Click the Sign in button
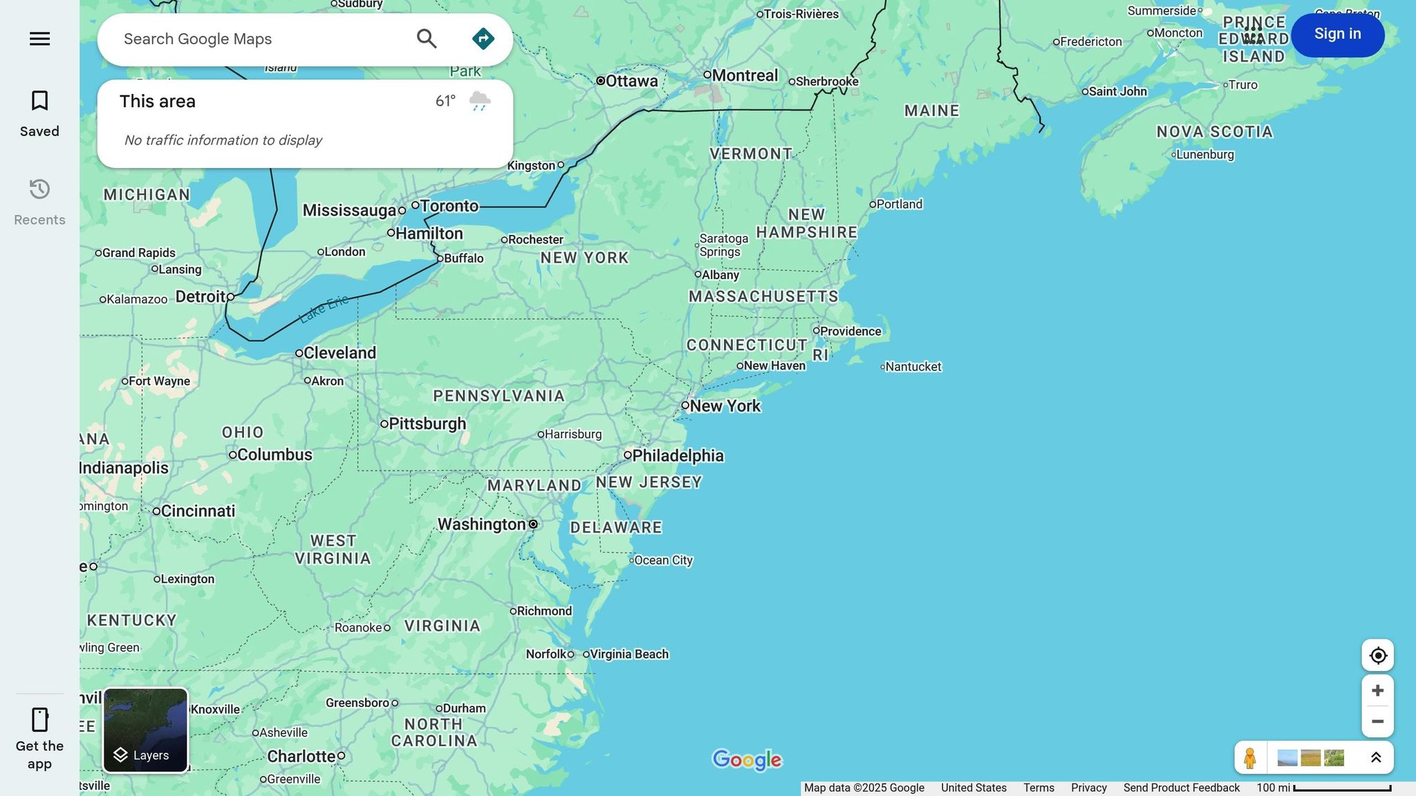pyautogui.click(x=1337, y=35)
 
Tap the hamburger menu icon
pyautogui.click(x=39, y=39)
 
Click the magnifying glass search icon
pyautogui.click(x=427, y=39)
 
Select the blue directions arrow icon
pyautogui.click(x=483, y=39)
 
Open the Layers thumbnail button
pyautogui.click(x=145, y=730)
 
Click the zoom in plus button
pyautogui.click(x=1377, y=690)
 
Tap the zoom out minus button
pyautogui.click(x=1377, y=721)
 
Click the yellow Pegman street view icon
pyautogui.click(x=1249, y=758)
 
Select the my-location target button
pyautogui.click(x=1377, y=655)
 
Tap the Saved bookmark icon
pyautogui.click(x=39, y=101)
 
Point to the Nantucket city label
pyautogui.click(x=913, y=367)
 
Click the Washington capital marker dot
pyautogui.click(x=533, y=524)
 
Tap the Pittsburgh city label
pyautogui.click(x=427, y=424)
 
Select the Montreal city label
pyautogui.click(x=745, y=75)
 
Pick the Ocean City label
pyautogui.click(x=663, y=560)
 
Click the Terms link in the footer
pyautogui.click(x=1038, y=788)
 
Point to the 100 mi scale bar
pyautogui.click(x=1341, y=788)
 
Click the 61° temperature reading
pyautogui.click(x=445, y=102)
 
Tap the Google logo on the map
pyautogui.click(x=747, y=760)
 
